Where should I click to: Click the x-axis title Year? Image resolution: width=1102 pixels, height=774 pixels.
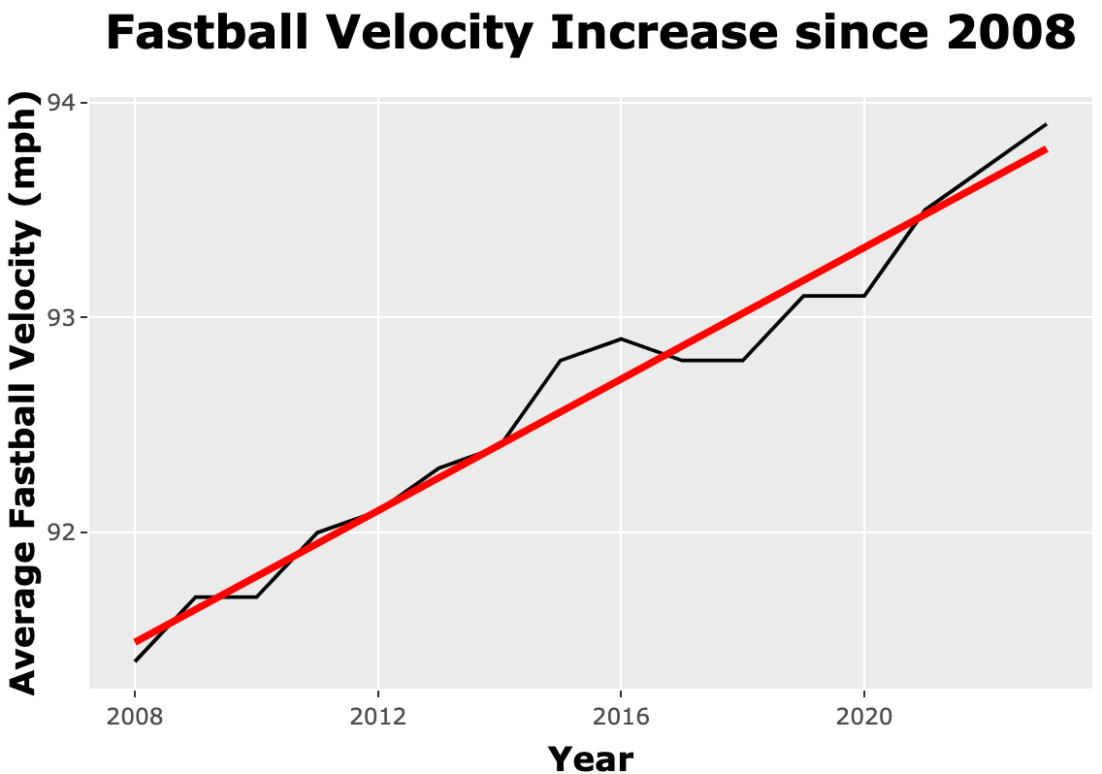point(590,758)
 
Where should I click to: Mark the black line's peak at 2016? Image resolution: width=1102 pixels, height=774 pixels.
point(621,339)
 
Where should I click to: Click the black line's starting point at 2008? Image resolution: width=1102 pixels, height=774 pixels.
point(135,661)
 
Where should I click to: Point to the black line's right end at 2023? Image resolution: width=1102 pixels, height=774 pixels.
point(1046,124)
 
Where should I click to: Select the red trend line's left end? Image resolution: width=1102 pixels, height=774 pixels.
point(136,641)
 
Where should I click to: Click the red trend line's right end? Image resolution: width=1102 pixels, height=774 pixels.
point(1046,149)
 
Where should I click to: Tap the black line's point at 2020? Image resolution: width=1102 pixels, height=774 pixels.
point(864,296)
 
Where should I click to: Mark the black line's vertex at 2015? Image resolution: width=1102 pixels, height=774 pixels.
point(560,360)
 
